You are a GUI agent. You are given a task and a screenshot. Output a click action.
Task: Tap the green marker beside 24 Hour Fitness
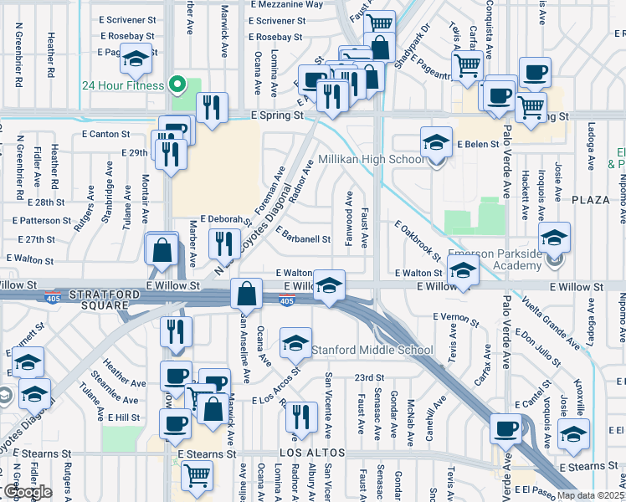click(177, 85)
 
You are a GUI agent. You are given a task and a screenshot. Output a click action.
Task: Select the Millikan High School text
click(372, 159)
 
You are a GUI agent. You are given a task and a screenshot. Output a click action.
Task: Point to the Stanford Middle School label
click(372, 350)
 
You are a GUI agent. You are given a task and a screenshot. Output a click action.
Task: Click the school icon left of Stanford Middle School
click(295, 344)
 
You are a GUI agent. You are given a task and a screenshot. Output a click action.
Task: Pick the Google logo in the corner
click(28, 492)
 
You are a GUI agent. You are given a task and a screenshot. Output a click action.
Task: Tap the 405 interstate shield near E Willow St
click(286, 300)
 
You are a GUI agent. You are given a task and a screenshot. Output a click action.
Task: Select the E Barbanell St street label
click(302, 238)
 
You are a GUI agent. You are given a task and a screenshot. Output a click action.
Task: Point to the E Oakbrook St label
click(418, 239)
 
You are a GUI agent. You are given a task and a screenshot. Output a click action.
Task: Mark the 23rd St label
click(368, 377)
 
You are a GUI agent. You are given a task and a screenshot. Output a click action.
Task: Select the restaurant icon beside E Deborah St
click(223, 243)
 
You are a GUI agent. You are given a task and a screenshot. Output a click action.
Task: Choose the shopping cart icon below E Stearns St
click(197, 474)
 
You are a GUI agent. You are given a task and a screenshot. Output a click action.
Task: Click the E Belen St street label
click(478, 145)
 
